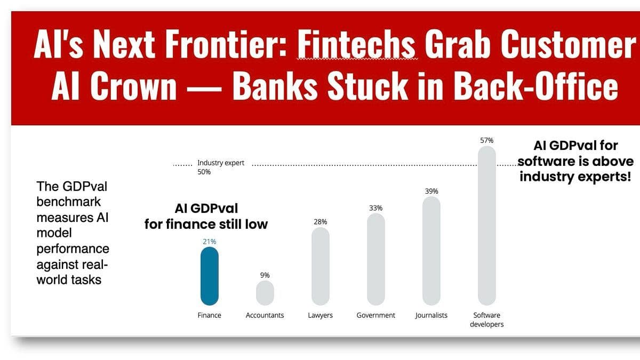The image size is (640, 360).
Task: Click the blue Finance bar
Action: point(210,276)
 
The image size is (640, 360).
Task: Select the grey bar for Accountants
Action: point(265,293)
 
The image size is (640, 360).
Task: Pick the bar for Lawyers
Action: point(320,266)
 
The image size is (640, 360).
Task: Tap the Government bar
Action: point(376,259)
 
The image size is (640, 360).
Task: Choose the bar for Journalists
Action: point(431,251)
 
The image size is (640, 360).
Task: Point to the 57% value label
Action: point(486,141)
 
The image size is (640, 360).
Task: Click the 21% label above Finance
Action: point(210,242)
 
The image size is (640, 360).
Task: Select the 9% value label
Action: point(265,275)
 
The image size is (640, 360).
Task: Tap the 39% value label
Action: point(431,191)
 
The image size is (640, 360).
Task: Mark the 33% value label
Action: point(376,208)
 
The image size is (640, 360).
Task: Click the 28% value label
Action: point(320,221)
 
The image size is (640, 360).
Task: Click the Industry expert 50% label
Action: point(220,167)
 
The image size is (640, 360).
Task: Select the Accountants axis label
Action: point(265,315)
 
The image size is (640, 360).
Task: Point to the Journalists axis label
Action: point(431,315)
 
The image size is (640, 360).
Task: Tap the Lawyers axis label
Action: point(320,315)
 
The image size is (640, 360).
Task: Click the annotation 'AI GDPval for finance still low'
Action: point(206,216)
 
